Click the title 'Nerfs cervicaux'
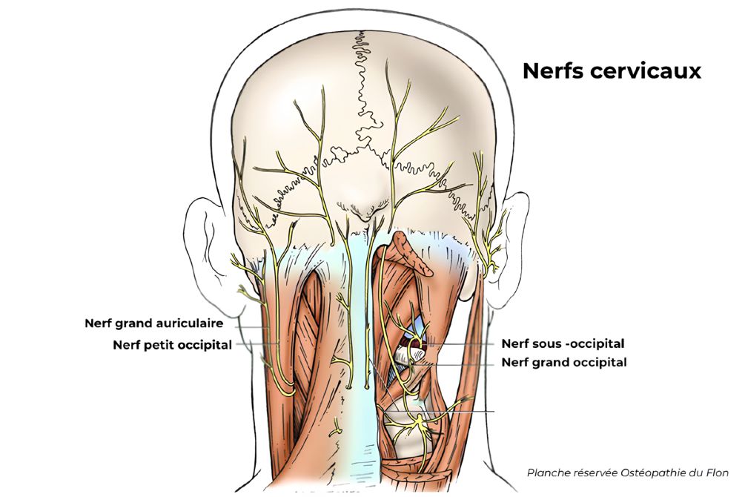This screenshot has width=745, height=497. click(612, 71)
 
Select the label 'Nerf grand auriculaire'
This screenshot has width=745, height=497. click(159, 323)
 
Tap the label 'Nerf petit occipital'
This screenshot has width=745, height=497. click(172, 345)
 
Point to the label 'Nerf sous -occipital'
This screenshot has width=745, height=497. click(563, 343)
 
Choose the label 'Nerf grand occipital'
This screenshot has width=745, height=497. click(564, 363)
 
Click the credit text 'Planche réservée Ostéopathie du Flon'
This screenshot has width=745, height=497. click(627, 473)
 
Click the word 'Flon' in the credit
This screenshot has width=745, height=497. click(716, 473)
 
